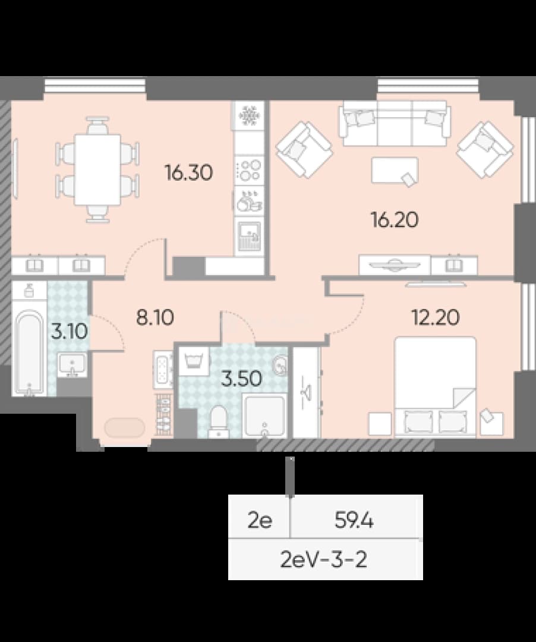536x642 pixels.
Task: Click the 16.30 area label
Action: point(188,172)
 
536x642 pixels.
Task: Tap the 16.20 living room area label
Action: point(395,220)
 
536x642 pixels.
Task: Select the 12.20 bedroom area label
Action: point(436,317)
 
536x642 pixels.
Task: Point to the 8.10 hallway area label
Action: point(155,317)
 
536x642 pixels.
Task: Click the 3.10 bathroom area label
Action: point(69,331)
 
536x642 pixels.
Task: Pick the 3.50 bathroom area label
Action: point(241,379)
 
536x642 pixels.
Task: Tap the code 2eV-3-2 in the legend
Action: point(324,559)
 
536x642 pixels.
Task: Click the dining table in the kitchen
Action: point(97,169)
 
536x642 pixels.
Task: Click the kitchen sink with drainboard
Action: point(249,237)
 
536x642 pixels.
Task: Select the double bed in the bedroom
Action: point(435,386)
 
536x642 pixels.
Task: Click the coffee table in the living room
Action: point(395,171)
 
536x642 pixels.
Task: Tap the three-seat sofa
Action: point(395,123)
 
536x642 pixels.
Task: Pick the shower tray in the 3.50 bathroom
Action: point(264,416)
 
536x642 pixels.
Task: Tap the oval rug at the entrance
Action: point(124,428)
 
